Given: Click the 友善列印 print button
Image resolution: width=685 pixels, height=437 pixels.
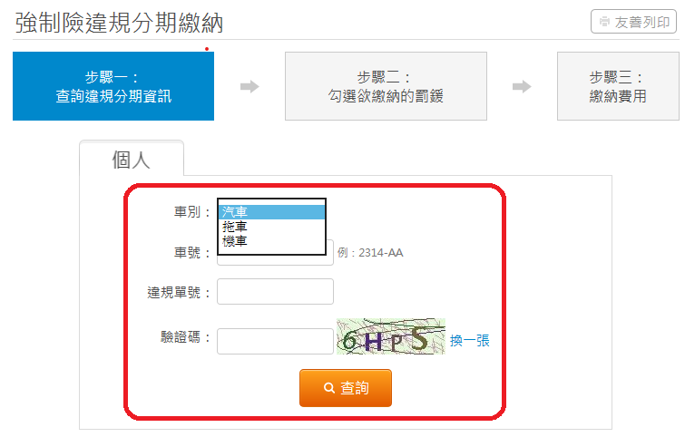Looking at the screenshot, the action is tap(633, 22).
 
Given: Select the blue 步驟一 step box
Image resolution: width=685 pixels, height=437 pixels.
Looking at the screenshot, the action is tap(113, 86).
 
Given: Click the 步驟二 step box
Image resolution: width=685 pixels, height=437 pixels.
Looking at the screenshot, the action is tap(386, 86).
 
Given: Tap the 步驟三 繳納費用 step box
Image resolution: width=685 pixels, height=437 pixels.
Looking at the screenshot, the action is tap(618, 86).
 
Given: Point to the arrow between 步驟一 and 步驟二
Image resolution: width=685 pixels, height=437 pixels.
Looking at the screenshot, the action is tap(250, 86).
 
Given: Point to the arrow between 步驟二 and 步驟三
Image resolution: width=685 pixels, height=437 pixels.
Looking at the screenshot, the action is tap(522, 86).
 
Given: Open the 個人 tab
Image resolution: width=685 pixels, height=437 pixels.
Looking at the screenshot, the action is tap(131, 159).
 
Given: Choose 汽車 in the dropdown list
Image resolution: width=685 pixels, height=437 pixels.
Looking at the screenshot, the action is tap(271, 212).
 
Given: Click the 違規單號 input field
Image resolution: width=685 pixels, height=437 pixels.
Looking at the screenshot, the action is tap(275, 292).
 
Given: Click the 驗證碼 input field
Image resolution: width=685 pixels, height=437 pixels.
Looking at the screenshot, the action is tap(275, 341).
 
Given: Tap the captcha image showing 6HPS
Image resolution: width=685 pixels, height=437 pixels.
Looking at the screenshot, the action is tap(390, 336).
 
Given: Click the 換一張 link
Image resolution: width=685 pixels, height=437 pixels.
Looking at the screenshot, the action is tap(470, 341).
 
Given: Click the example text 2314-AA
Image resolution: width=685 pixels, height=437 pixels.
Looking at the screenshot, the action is tap(380, 253).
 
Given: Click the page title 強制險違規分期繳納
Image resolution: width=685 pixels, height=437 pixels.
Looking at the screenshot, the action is tap(119, 23).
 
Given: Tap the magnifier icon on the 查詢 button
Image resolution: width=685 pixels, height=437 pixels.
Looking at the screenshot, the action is tap(329, 388).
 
